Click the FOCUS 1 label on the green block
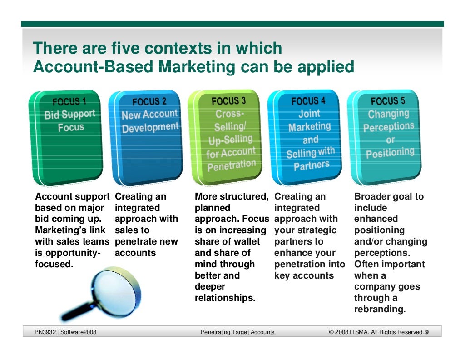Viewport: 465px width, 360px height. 69,101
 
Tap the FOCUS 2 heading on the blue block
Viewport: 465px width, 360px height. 149,101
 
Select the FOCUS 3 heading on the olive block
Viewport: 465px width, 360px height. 228,100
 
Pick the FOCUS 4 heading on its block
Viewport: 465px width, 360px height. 308,101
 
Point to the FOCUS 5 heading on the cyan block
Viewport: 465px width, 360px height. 388,101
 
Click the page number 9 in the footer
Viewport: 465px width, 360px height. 427,332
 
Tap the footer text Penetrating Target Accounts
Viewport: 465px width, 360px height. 237,332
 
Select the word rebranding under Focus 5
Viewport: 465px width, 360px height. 380,309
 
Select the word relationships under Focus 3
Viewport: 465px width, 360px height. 225,298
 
